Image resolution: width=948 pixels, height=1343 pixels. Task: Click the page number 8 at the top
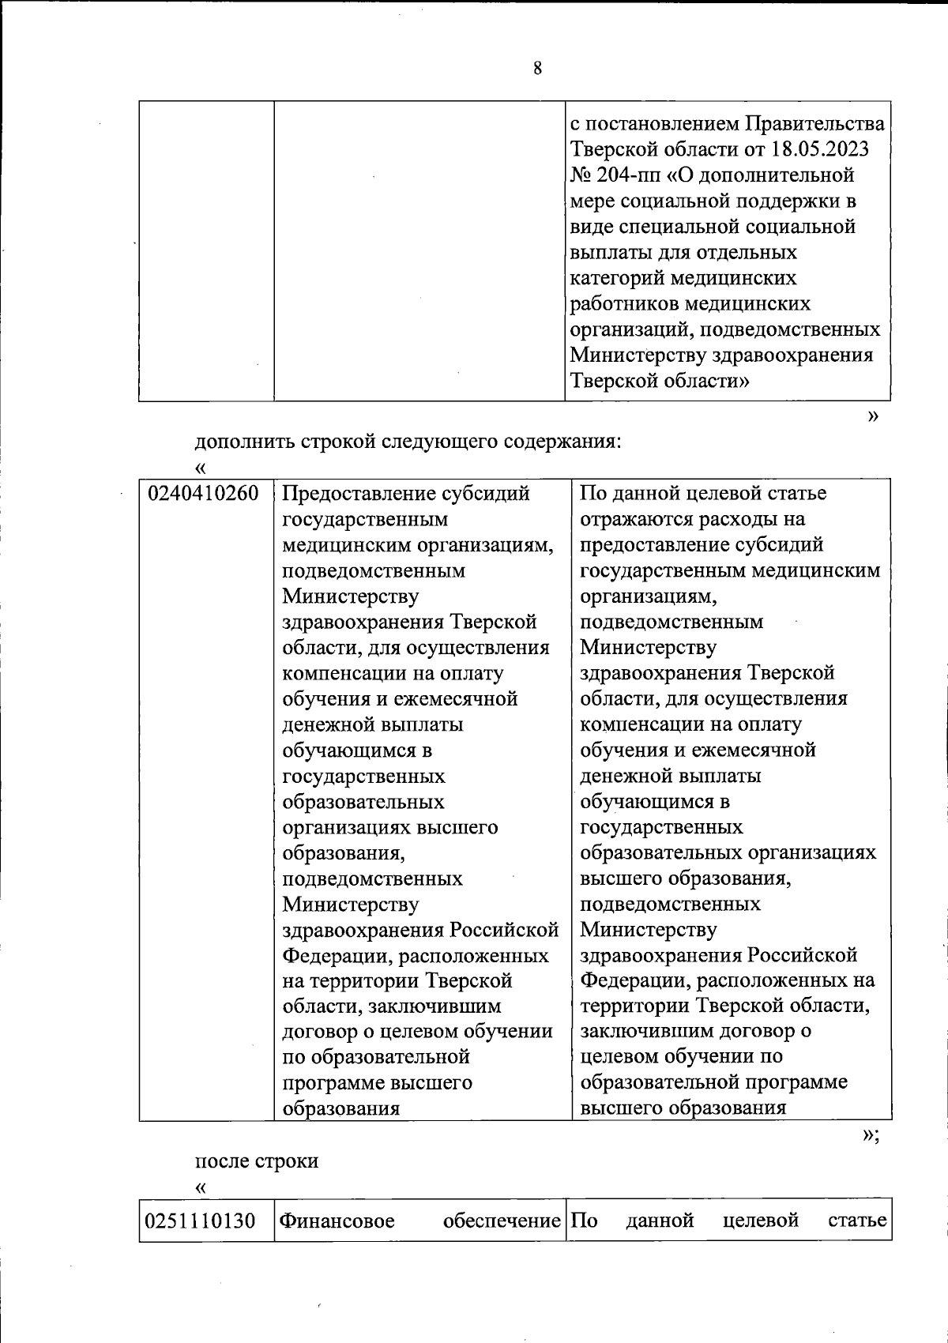click(537, 69)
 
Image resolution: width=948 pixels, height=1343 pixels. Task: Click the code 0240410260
click(204, 494)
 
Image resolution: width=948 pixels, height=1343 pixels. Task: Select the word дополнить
click(243, 441)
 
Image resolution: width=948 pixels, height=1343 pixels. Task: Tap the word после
click(221, 1161)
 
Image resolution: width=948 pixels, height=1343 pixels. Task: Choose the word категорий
click(616, 278)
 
